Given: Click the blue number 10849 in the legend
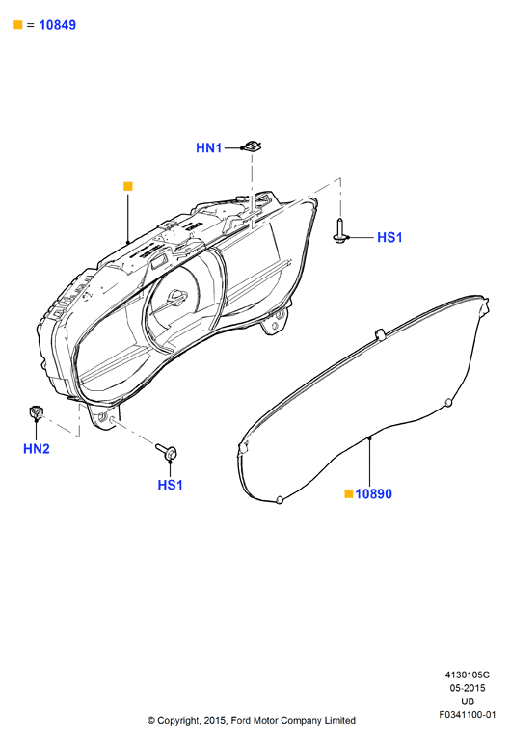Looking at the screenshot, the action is coord(57,25).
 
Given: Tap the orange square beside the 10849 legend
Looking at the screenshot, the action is coord(18,25).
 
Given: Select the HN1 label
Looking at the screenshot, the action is coord(208,148).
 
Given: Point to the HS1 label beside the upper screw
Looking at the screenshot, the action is coord(389,237).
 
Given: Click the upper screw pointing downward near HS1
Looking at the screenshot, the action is coord(339,231).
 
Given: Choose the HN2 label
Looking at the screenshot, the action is coord(37,448).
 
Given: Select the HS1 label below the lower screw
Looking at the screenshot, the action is coord(170,485).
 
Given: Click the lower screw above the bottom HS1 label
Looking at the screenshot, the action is coord(166,451).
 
